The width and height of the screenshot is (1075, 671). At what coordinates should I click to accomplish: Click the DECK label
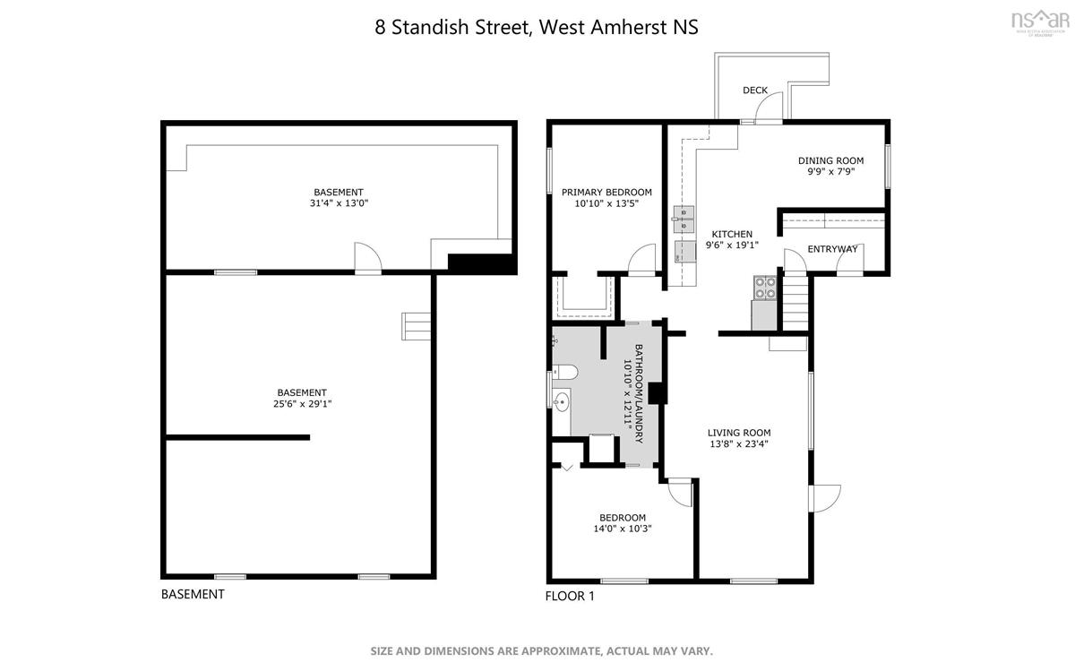pyautogui.click(x=755, y=90)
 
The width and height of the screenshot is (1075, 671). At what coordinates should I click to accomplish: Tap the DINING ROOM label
pyautogui.click(x=830, y=160)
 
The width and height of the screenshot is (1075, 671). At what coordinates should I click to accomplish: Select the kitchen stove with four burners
pyautogui.click(x=764, y=288)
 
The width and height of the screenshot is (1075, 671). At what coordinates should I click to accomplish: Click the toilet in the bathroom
pyautogui.click(x=565, y=372)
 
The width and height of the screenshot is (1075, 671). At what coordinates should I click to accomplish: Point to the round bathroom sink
pyautogui.click(x=561, y=402)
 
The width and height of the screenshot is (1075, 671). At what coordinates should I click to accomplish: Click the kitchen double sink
pyautogui.click(x=684, y=219)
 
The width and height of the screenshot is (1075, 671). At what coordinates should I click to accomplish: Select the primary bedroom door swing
pyautogui.click(x=642, y=259)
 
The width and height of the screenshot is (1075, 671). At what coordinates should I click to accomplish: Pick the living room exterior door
pyautogui.click(x=824, y=498)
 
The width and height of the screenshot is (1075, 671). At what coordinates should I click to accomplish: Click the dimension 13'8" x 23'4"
pyautogui.click(x=739, y=444)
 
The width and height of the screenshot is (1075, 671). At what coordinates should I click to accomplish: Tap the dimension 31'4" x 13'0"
pyautogui.click(x=339, y=203)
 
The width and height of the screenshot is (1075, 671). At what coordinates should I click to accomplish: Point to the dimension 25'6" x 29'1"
pyautogui.click(x=303, y=404)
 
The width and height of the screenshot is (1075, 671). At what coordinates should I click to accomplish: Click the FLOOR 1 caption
pyautogui.click(x=570, y=596)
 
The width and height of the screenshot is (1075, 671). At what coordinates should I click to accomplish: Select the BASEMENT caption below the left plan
pyautogui.click(x=193, y=594)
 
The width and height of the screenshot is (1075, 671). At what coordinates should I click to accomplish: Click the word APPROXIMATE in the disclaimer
pyautogui.click(x=561, y=651)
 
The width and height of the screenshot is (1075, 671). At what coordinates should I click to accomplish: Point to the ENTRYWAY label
pyautogui.click(x=832, y=249)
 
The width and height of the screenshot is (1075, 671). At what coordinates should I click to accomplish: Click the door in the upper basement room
pyautogui.click(x=368, y=258)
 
